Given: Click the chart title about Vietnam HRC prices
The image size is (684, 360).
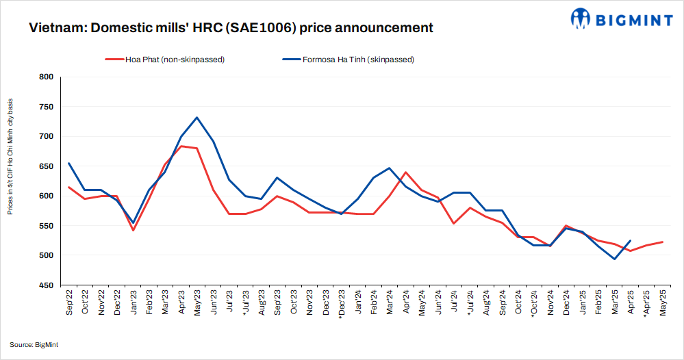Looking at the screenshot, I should [231, 28].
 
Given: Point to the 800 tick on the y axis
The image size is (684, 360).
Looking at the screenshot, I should [45, 77].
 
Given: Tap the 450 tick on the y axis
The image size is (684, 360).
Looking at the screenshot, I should [45, 285].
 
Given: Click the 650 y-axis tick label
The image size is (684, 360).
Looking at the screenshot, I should [45, 166].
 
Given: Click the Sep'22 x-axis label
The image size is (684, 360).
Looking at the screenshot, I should [70, 303].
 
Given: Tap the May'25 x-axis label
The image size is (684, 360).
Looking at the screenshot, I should [662, 303].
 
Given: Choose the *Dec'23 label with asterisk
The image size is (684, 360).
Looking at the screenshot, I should [341, 305].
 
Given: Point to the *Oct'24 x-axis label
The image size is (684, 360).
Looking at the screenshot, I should [534, 305].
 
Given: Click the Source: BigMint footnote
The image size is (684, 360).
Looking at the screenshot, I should [34, 345].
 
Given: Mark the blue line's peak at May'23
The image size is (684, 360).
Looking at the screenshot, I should [197, 117].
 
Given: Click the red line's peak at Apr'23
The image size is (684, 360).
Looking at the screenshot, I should [181, 146].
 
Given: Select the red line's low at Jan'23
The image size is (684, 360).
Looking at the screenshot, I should [133, 230].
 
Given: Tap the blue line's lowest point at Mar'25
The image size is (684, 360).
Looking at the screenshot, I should [614, 259].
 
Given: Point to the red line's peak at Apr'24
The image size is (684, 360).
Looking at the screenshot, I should [405, 172].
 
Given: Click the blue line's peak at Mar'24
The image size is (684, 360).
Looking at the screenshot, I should [389, 168].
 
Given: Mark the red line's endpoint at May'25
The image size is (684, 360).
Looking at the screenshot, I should [662, 242].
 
